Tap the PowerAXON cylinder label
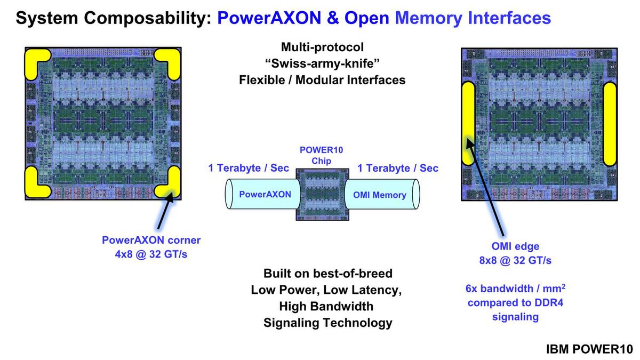(265, 194)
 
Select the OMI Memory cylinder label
(379, 195)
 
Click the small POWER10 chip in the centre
(322, 194)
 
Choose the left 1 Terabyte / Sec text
(249, 168)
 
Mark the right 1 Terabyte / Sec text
(398, 168)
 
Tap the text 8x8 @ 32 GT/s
(508, 260)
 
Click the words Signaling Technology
(327, 322)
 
